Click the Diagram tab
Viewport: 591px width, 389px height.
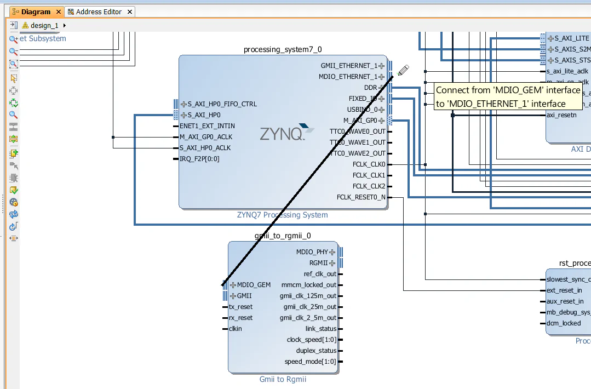(x=35, y=12)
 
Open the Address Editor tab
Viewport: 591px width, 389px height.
(x=99, y=12)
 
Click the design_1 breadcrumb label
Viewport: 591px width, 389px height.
(x=44, y=25)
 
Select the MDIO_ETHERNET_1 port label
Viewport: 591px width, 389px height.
(x=348, y=77)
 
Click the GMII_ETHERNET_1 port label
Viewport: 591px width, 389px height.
(x=349, y=66)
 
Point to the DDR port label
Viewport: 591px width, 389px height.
(x=370, y=88)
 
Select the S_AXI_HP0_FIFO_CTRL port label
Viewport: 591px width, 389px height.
(x=222, y=104)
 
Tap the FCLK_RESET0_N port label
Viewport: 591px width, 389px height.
(x=361, y=197)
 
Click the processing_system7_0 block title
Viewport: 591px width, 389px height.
(x=283, y=50)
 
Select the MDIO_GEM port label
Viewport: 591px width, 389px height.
(x=254, y=285)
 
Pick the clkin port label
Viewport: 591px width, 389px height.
(x=235, y=329)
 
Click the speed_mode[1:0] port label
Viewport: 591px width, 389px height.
(x=310, y=362)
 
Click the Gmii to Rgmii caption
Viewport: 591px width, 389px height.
(x=283, y=379)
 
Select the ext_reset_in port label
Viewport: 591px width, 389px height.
(x=564, y=290)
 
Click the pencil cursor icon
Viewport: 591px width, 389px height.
(x=403, y=71)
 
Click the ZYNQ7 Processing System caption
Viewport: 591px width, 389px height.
(x=282, y=215)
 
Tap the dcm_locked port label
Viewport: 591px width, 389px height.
(x=564, y=323)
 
